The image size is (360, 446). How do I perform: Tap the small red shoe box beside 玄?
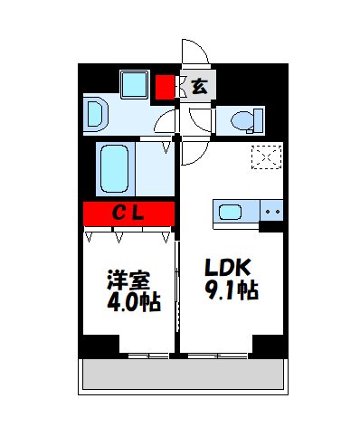pyautogui.click(x=164, y=88)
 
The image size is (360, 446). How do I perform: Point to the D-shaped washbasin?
pyautogui.click(x=96, y=115)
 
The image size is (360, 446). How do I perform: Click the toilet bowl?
pyautogui.click(x=245, y=119)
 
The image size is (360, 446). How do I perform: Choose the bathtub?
pyautogui.click(x=116, y=166)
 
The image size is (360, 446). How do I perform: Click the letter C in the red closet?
pyautogui.click(x=118, y=214)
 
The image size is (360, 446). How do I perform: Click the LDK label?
pyautogui.click(x=225, y=270)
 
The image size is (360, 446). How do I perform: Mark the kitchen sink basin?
pyautogui.click(x=230, y=213)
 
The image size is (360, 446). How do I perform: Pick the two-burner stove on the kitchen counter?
pyautogui.click(x=272, y=213)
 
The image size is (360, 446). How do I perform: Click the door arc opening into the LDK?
pyautogui.click(x=190, y=152)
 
